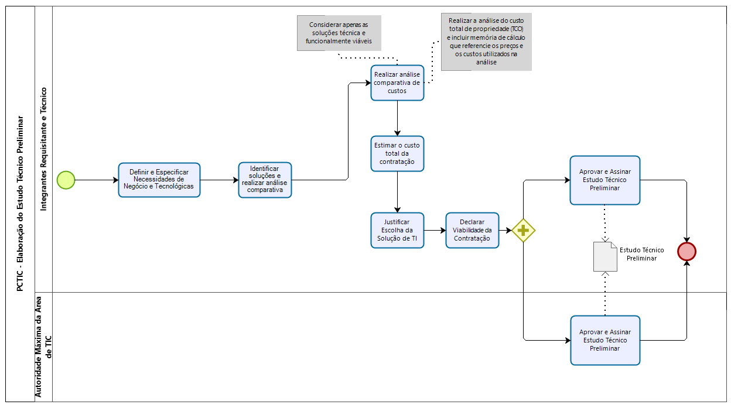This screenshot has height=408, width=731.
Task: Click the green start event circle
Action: point(66,180)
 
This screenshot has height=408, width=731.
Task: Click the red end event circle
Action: point(686,251)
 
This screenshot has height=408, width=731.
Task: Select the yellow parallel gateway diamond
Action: point(523,231)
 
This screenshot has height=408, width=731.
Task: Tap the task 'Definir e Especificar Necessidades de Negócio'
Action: point(159,180)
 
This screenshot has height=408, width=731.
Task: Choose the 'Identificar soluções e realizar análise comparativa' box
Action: point(265,180)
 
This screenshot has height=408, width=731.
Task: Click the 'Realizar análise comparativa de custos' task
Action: point(397,83)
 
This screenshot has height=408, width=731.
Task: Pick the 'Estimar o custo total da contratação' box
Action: point(397,153)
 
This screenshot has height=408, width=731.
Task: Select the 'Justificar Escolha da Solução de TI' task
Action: point(397,230)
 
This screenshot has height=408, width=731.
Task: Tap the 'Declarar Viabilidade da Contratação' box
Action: point(472,230)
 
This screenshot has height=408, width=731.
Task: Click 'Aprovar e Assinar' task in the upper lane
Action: point(604,180)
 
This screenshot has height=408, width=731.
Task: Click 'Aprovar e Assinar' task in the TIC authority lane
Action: point(604,340)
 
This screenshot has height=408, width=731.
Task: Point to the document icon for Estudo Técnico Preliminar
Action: point(605,257)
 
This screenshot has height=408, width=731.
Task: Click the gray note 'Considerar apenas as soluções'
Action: point(339,33)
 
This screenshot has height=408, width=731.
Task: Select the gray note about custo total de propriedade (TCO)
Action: point(486,42)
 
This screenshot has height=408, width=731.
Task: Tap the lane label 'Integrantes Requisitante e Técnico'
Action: point(44,149)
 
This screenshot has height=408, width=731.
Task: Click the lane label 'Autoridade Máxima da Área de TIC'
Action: point(44,347)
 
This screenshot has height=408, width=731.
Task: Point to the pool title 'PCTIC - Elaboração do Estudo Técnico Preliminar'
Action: point(21,204)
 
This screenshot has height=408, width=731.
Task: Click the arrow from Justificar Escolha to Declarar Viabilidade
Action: point(434,231)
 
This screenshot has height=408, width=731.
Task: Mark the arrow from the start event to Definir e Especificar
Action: point(97,180)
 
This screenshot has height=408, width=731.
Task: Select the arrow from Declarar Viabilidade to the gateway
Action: point(505,231)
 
